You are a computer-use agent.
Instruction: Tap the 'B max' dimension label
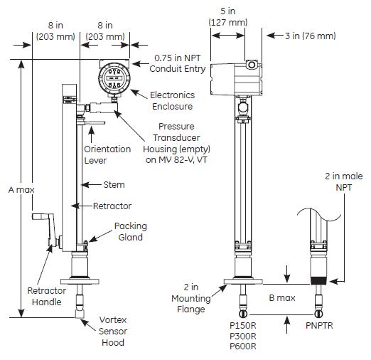pyautogui.click(x=281, y=298)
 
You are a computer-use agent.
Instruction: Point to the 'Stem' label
pyautogui.click(x=114, y=185)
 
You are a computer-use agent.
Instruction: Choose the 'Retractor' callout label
pyautogui.click(x=112, y=206)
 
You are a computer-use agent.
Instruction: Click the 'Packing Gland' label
pyautogui.click(x=131, y=231)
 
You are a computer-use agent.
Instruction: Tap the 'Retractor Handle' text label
pyautogui.click(x=47, y=296)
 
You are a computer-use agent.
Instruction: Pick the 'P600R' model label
pyautogui.click(x=243, y=346)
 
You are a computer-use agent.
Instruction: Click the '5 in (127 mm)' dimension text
pyautogui.click(x=228, y=17)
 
